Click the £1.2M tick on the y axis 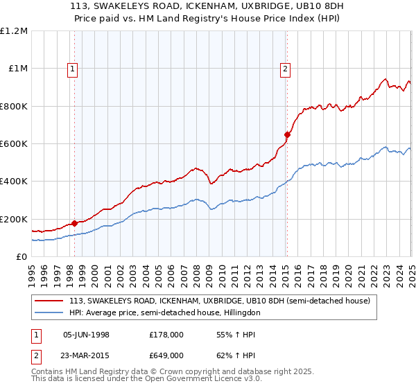click(14, 31)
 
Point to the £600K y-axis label click(14, 144)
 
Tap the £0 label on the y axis click(21, 257)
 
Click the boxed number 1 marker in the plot click(73, 68)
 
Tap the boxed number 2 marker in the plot click(285, 68)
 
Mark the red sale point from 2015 click(287, 134)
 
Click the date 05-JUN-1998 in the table click(86, 335)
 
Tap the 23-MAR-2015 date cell click(86, 355)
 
